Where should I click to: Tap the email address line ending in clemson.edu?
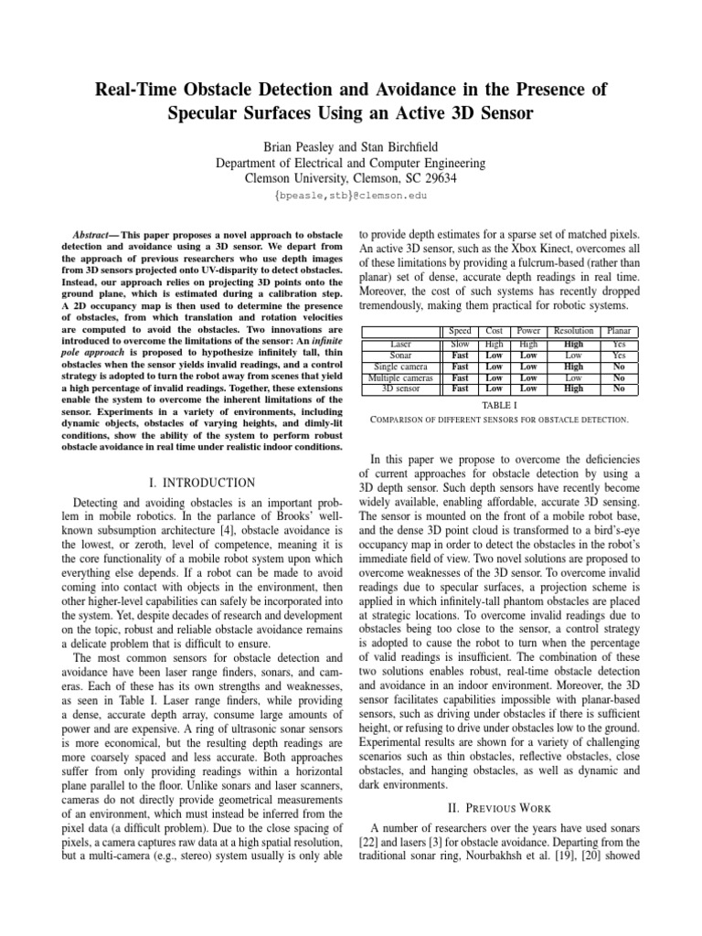pyautogui.click(x=350, y=196)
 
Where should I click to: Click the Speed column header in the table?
pyautogui.click(x=462, y=331)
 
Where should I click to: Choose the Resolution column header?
pyautogui.click(x=574, y=331)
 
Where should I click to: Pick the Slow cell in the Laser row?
pyautogui.click(x=462, y=345)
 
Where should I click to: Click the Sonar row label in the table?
pyautogui.click(x=399, y=356)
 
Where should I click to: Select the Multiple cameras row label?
pyautogui.click(x=399, y=377)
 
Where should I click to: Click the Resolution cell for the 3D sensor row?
pyautogui.click(x=574, y=388)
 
